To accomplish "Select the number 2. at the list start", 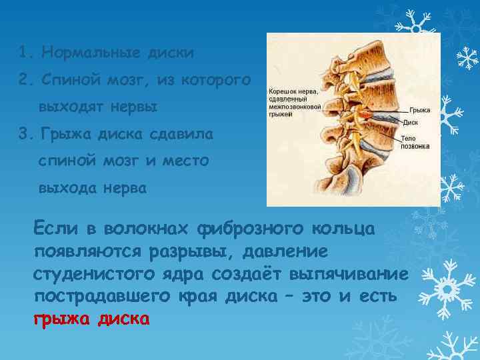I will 26,80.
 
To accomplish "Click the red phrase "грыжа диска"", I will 91,318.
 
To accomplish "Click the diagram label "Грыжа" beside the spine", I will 420,109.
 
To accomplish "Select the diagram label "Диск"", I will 411,122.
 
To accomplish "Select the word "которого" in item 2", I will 219,80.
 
